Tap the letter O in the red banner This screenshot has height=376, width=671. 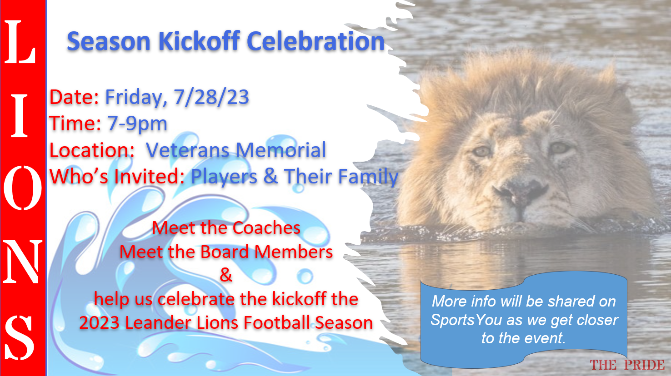tap(22, 188)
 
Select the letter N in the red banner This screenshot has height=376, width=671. tap(22, 262)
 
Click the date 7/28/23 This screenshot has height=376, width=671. tap(211, 97)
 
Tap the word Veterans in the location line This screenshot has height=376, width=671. tap(188, 150)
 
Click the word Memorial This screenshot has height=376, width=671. tap(280, 150)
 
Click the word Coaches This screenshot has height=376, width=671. tap(266, 228)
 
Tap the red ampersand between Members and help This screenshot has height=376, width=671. tap(226, 275)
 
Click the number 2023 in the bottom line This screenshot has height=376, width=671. tap(100, 323)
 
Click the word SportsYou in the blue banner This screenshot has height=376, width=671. tap(466, 320)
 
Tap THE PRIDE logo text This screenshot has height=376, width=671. tap(627, 365)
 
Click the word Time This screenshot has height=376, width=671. tap(75, 124)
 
